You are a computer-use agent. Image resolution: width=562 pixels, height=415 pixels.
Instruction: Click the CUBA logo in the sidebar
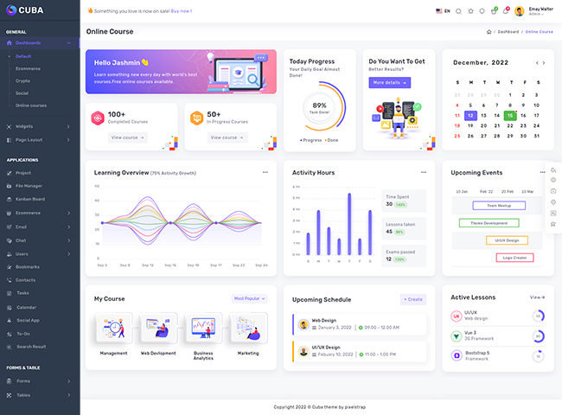tap(29, 11)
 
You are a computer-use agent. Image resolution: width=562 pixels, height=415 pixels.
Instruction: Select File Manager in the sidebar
tap(29, 186)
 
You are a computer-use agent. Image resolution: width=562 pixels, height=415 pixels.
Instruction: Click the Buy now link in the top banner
tap(182, 11)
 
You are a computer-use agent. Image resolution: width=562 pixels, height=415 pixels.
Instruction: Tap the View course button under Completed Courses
tap(128, 137)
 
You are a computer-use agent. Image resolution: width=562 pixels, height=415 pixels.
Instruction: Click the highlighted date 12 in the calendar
tap(469, 115)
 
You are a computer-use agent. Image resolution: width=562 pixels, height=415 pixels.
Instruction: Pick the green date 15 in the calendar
tap(510, 115)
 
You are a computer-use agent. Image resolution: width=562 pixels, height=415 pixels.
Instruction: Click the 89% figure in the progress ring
tap(320, 105)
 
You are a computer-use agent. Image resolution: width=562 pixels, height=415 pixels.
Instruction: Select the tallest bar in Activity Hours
tap(349, 223)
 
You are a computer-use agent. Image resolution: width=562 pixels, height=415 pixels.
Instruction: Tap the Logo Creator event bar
tap(515, 258)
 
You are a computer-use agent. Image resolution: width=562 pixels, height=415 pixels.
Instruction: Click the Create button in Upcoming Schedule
tap(413, 299)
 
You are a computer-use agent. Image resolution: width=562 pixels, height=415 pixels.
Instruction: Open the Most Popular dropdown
tap(250, 298)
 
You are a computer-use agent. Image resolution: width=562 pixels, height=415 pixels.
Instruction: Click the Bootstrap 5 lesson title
tap(478, 353)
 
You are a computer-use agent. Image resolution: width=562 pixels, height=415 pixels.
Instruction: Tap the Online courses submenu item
tap(31, 105)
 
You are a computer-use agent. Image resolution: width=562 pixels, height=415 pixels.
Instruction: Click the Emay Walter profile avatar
tap(520, 11)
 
